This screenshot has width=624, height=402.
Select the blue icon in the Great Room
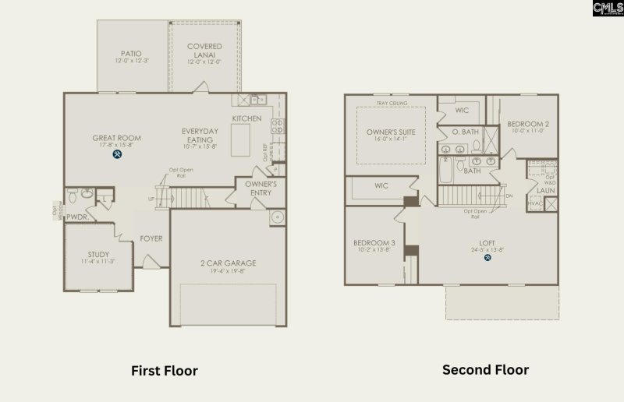point(117,153)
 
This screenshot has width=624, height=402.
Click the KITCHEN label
point(246,118)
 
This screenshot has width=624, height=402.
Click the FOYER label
point(151,238)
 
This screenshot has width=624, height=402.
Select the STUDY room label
point(98,255)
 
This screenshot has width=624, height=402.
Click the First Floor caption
point(164,371)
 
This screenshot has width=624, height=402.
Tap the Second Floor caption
point(485,370)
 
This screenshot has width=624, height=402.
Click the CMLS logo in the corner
point(608,9)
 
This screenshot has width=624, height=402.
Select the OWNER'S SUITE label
point(391,132)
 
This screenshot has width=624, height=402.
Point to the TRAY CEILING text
point(392,104)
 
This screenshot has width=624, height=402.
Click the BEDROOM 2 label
point(528,124)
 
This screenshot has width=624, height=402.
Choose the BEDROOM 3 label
point(374,243)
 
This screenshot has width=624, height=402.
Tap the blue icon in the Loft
point(487,258)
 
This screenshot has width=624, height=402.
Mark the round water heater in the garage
point(276,218)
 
